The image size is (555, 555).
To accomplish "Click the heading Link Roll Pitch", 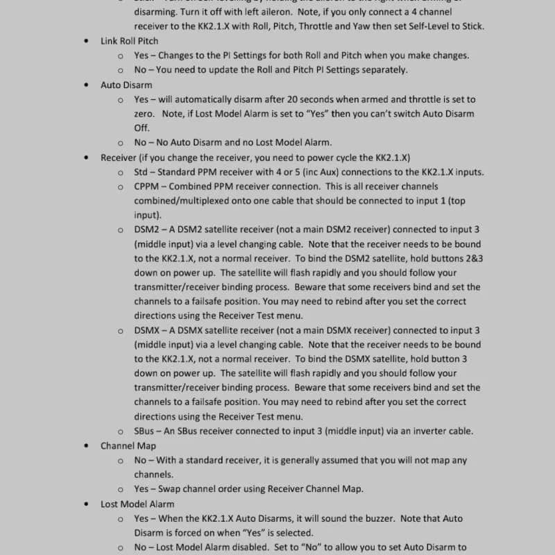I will tap(129, 41).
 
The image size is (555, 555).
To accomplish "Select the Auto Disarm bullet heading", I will tap(126, 85).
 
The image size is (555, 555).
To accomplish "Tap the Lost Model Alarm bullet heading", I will tap(137, 504).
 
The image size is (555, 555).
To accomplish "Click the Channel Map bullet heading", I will tap(128, 446).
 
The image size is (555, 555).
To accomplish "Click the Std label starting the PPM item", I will tap(142, 172).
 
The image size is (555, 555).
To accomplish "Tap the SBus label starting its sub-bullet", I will tap(146, 431).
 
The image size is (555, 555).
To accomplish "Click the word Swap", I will tap(170, 489).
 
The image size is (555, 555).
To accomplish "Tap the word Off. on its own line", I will tap(142, 128).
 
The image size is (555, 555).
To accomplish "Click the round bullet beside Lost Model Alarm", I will tap(85, 504).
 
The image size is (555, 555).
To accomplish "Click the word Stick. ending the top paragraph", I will tap(469, 26).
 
